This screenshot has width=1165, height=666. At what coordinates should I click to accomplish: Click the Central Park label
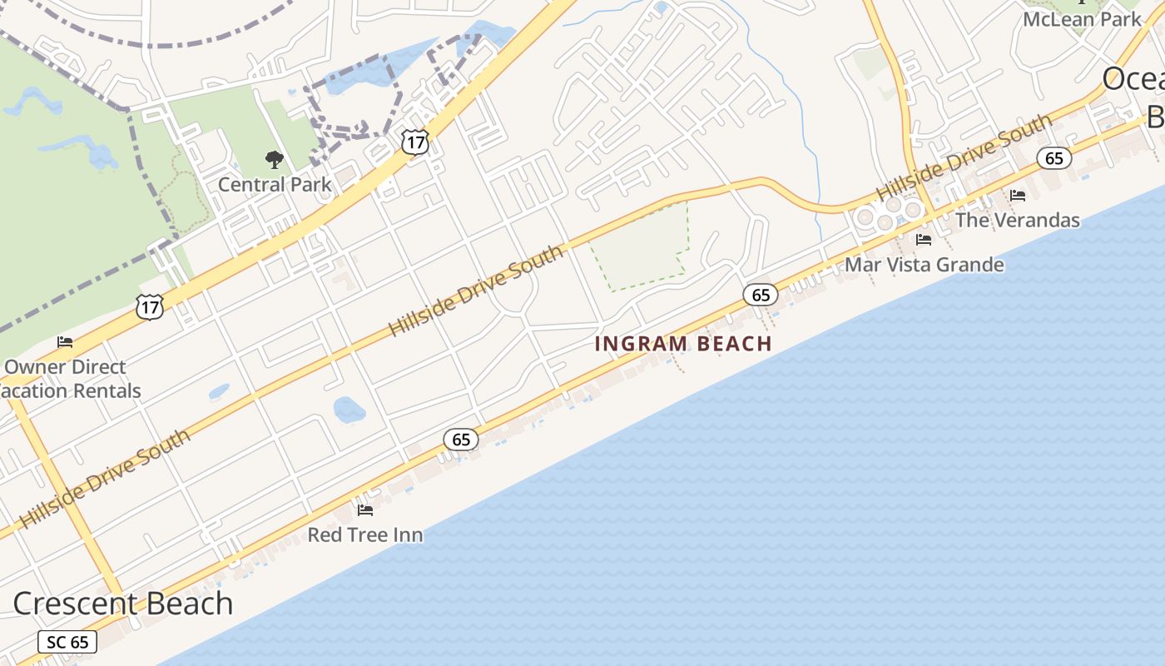(275, 184)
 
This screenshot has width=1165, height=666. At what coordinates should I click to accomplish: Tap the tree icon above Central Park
(274, 159)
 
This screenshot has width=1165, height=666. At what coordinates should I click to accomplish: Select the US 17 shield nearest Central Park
(414, 142)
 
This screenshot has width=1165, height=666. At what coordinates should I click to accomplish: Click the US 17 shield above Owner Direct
(150, 307)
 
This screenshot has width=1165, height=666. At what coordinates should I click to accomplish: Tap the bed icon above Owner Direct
(65, 342)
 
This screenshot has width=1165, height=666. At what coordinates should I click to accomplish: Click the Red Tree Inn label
(365, 534)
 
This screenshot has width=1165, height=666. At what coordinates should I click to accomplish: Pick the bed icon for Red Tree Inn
(365, 509)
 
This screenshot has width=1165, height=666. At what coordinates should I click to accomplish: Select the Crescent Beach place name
(123, 603)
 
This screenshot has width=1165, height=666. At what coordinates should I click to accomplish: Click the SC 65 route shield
(67, 642)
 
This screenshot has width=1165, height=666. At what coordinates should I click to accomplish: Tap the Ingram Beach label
(684, 343)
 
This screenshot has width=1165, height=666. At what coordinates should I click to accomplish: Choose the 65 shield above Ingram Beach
(761, 295)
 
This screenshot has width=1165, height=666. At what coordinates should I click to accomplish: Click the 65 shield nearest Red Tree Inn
(461, 439)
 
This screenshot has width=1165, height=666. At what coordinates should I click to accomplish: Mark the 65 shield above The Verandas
(1054, 157)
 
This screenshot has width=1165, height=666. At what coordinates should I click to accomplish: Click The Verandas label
(1018, 220)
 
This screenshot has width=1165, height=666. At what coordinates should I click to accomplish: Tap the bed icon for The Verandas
(1018, 196)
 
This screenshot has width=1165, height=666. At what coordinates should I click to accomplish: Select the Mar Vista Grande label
(925, 265)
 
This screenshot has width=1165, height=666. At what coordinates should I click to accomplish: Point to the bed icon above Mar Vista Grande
(924, 240)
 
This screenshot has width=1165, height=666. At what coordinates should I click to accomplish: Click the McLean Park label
(1083, 19)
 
